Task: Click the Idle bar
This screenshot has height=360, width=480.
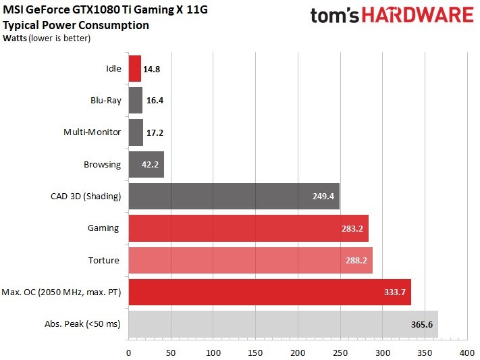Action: tap(134, 68)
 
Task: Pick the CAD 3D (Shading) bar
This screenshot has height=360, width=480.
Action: tap(234, 196)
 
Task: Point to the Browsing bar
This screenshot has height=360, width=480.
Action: tap(146, 164)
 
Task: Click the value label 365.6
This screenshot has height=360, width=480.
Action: tap(421, 324)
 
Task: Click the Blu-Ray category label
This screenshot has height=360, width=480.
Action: tap(107, 100)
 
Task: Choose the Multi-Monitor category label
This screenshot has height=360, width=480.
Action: tap(92, 132)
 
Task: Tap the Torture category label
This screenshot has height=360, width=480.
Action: tap(104, 260)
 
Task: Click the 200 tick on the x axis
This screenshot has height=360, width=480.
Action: tap(298, 352)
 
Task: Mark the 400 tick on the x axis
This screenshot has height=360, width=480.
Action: tap(466, 352)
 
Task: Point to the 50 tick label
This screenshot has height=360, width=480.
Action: tap(171, 352)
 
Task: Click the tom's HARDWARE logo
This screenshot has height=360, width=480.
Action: tap(392, 16)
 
